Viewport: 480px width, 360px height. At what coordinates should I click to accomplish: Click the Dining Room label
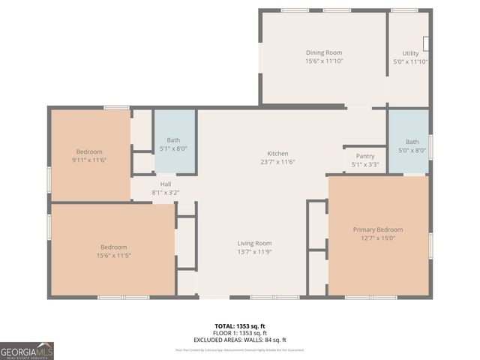324,52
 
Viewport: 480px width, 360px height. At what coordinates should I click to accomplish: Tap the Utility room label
410,53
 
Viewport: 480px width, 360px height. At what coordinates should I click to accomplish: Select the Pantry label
365,155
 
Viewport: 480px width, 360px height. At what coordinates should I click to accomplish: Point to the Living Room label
255,243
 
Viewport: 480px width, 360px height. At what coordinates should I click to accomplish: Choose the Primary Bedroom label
378,229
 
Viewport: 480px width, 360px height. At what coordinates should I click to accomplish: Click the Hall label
166,184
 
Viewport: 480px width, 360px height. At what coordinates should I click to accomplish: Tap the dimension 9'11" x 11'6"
89,160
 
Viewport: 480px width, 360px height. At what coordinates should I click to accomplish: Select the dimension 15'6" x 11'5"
114,256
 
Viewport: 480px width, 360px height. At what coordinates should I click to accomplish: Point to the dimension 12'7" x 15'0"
378,238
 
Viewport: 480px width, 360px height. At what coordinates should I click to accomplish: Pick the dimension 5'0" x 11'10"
410,61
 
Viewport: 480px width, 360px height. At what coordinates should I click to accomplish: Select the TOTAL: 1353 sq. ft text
240,326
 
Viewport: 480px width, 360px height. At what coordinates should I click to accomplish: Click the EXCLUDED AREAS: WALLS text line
240,340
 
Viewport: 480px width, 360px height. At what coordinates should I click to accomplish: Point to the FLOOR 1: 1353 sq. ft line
240,333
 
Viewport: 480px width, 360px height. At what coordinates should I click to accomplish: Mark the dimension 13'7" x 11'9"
255,251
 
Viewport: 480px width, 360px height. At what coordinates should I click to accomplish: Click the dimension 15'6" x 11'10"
324,61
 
